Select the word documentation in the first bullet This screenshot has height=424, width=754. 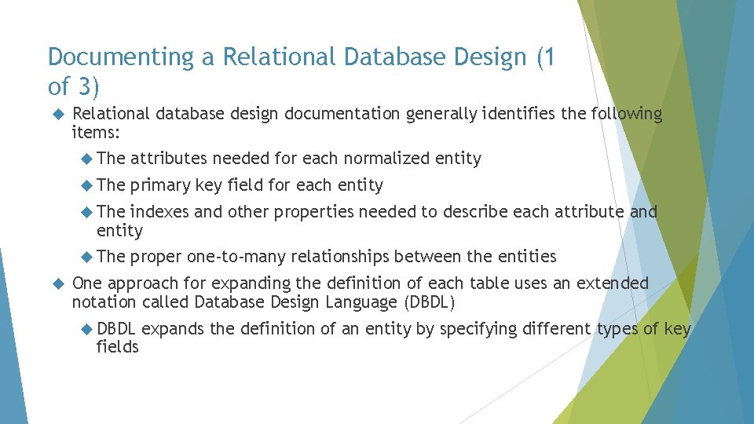(342, 114)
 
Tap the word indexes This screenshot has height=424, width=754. (159, 212)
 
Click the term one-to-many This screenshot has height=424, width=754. (236, 257)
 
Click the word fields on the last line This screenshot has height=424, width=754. (117, 347)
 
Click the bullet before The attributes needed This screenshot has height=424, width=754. (87, 159)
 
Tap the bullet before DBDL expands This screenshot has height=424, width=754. (87, 329)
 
